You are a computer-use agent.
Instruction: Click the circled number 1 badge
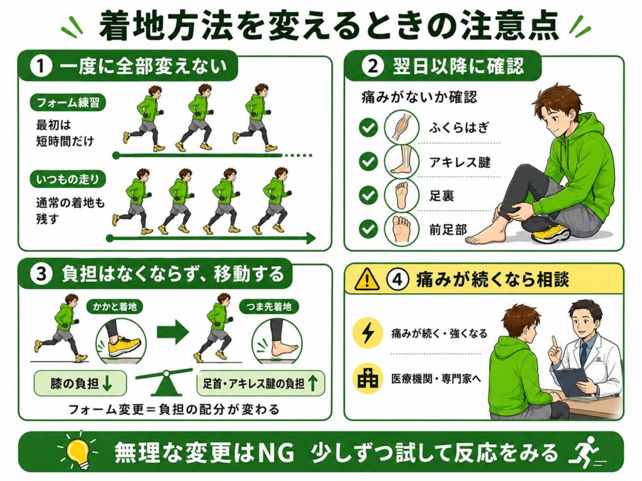pyautogui.click(x=41, y=66)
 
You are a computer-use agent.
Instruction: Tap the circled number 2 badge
pyautogui.click(x=372, y=66)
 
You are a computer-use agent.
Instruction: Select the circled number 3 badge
pyautogui.click(x=42, y=274)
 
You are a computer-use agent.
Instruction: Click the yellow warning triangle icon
pyautogui.click(x=367, y=279)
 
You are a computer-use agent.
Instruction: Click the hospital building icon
pyautogui.click(x=367, y=379)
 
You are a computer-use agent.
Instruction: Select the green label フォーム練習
pyautogui.click(x=68, y=102)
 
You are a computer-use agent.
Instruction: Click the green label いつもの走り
pyautogui.click(x=68, y=179)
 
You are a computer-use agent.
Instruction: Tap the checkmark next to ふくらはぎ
pyautogui.click(x=368, y=128)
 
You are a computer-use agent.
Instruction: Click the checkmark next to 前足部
pyautogui.click(x=368, y=229)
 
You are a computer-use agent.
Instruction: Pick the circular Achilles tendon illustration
pyautogui.click(x=402, y=161)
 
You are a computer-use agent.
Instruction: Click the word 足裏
pyautogui.click(x=441, y=196)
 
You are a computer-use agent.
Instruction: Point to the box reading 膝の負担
pyautogui.click(x=80, y=383)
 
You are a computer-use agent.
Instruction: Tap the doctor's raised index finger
pyautogui.click(x=554, y=341)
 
